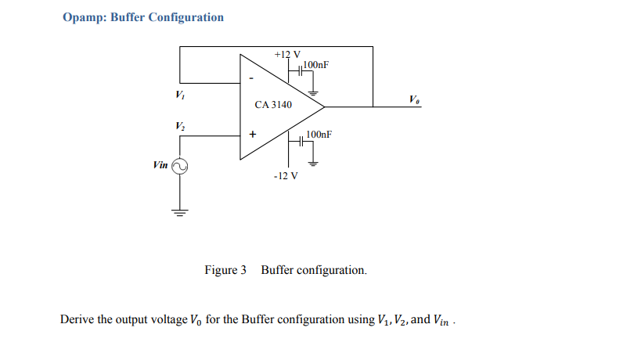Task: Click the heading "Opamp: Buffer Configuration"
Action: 142,17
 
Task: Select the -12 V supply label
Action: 286,175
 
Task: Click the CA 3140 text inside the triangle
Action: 273,105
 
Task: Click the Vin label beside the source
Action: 160,165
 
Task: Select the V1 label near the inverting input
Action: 181,95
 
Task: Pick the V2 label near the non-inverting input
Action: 181,126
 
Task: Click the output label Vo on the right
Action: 413,99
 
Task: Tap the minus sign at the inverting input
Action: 251,78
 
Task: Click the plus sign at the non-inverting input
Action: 252,135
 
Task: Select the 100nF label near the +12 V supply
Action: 315,63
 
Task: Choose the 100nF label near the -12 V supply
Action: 319,134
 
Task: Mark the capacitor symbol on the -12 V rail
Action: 301,142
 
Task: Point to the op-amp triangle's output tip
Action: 324,106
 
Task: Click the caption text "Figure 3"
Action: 225,270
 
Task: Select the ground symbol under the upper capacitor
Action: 314,92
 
